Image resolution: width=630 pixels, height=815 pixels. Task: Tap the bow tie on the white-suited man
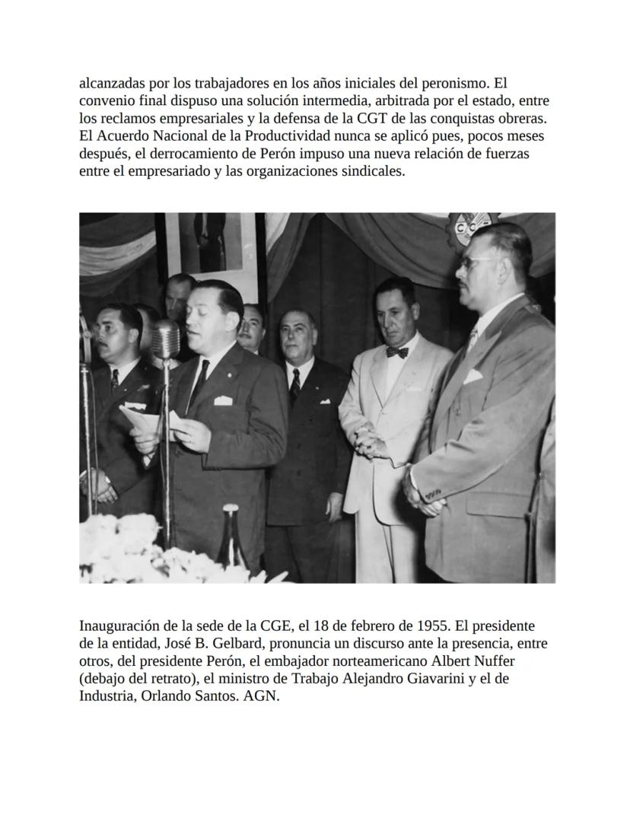[x=396, y=352]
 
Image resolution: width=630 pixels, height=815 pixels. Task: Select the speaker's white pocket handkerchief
[x=222, y=400]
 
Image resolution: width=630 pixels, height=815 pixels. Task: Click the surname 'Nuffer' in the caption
[x=497, y=661]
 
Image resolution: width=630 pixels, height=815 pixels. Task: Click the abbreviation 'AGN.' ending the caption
[x=262, y=696]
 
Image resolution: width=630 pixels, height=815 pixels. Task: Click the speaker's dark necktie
[x=199, y=384]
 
